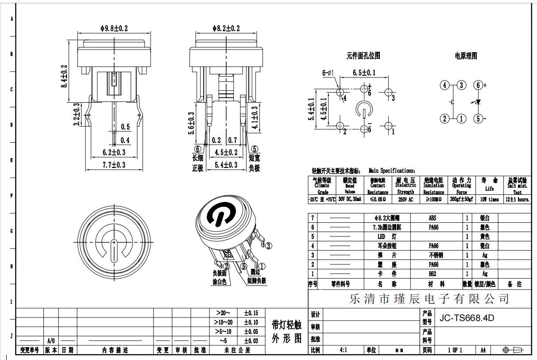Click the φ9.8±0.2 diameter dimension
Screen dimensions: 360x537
(x=114, y=28)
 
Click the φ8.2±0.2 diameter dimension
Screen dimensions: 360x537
(x=226, y=28)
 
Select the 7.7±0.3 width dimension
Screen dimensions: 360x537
(x=114, y=165)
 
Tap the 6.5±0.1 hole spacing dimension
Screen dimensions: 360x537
(x=364, y=73)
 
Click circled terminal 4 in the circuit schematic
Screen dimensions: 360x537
(x=444, y=85)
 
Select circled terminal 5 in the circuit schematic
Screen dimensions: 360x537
(x=478, y=118)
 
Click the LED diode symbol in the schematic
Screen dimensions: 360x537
(x=479, y=102)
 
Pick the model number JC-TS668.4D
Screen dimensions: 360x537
(x=466, y=318)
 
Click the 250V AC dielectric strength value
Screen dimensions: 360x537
(x=406, y=200)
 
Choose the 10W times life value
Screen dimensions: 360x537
(x=489, y=200)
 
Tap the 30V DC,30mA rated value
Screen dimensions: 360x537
(x=350, y=200)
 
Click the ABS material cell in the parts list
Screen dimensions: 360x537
(x=433, y=218)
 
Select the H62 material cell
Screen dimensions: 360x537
(x=433, y=274)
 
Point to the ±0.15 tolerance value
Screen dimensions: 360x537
(x=251, y=313)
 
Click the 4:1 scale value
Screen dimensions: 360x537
(x=343, y=350)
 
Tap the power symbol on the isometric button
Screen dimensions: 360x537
(x=220, y=215)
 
